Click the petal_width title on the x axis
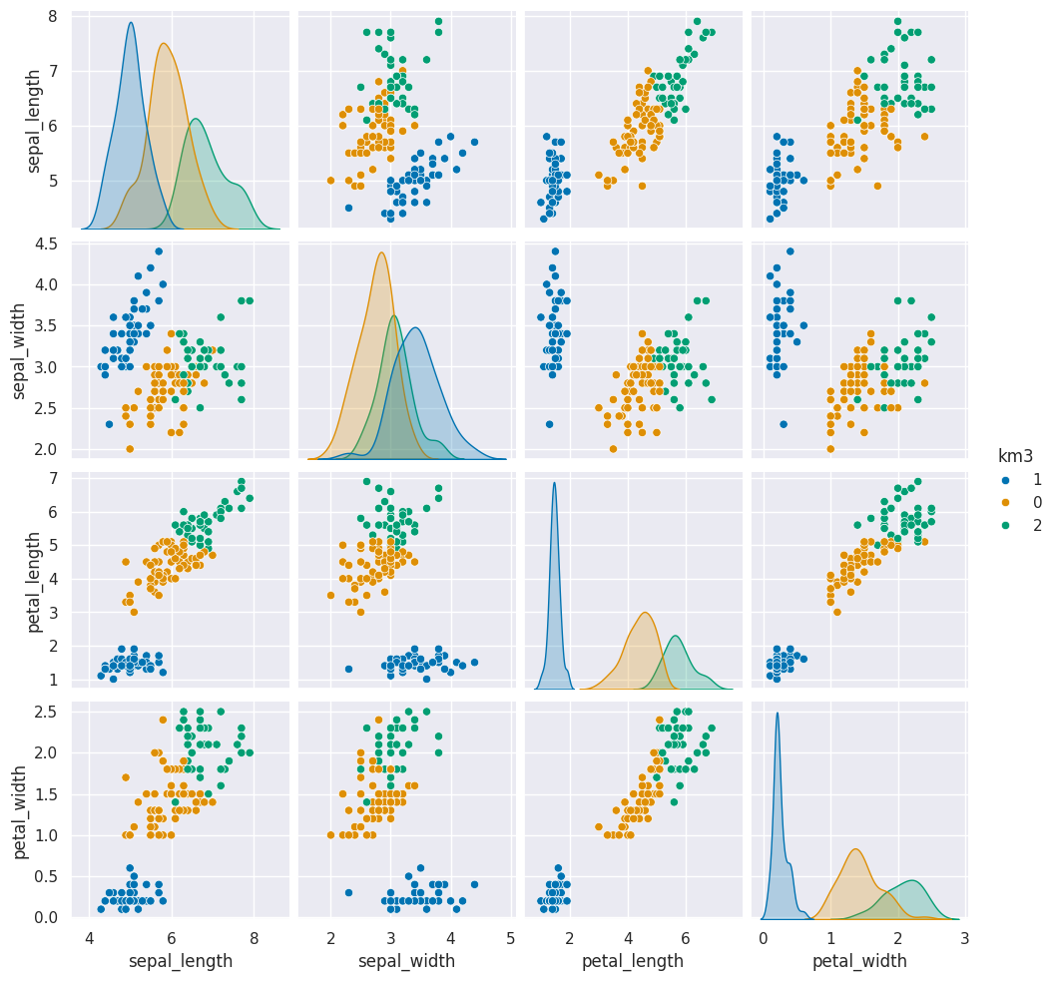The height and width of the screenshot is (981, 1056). click(859, 962)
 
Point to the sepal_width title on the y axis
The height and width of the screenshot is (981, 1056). click(19, 346)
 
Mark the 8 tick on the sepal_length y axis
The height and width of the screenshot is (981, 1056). click(50, 16)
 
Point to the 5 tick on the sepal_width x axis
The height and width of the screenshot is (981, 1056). click(511, 939)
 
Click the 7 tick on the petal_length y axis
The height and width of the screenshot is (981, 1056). click(50, 479)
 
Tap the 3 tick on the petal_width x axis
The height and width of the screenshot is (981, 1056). click(965, 939)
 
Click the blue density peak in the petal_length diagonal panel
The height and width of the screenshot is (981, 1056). click(554, 483)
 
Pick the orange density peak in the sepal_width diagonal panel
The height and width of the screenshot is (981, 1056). click(381, 252)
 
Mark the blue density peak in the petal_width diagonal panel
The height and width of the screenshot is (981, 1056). click(777, 713)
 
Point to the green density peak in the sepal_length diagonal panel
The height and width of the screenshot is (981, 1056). click(196, 120)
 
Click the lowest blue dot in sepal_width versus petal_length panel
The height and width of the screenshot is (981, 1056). click(549, 424)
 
